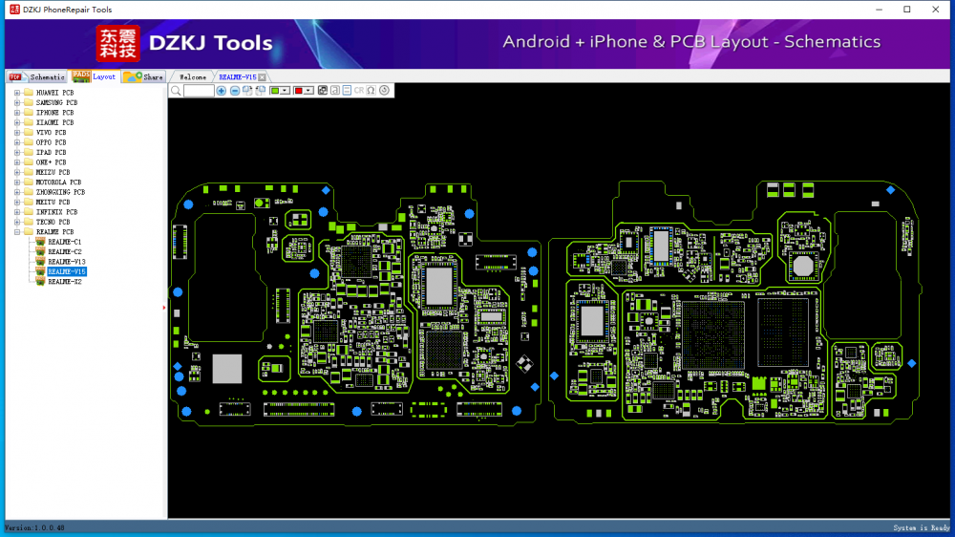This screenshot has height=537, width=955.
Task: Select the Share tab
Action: (145, 76)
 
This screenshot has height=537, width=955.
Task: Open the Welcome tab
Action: (192, 76)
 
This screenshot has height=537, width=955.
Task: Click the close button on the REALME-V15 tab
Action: (263, 76)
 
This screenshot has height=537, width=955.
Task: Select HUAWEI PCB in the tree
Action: (54, 93)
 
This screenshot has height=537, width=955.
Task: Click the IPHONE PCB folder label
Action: (54, 113)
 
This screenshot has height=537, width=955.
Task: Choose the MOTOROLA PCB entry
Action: (58, 182)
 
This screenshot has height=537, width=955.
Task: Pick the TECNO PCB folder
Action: (53, 222)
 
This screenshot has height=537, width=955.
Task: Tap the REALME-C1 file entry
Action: (64, 242)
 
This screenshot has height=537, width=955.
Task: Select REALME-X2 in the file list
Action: (64, 282)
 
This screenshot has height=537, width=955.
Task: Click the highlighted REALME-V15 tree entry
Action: (66, 271)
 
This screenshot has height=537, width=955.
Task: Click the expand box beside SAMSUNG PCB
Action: (17, 102)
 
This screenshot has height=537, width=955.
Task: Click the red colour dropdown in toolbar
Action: (304, 90)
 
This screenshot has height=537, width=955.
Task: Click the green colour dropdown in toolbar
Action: (280, 90)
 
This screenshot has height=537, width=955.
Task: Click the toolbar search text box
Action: (199, 90)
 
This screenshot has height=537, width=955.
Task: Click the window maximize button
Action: (906, 9)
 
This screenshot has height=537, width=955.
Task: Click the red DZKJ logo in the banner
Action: (117, 44)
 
